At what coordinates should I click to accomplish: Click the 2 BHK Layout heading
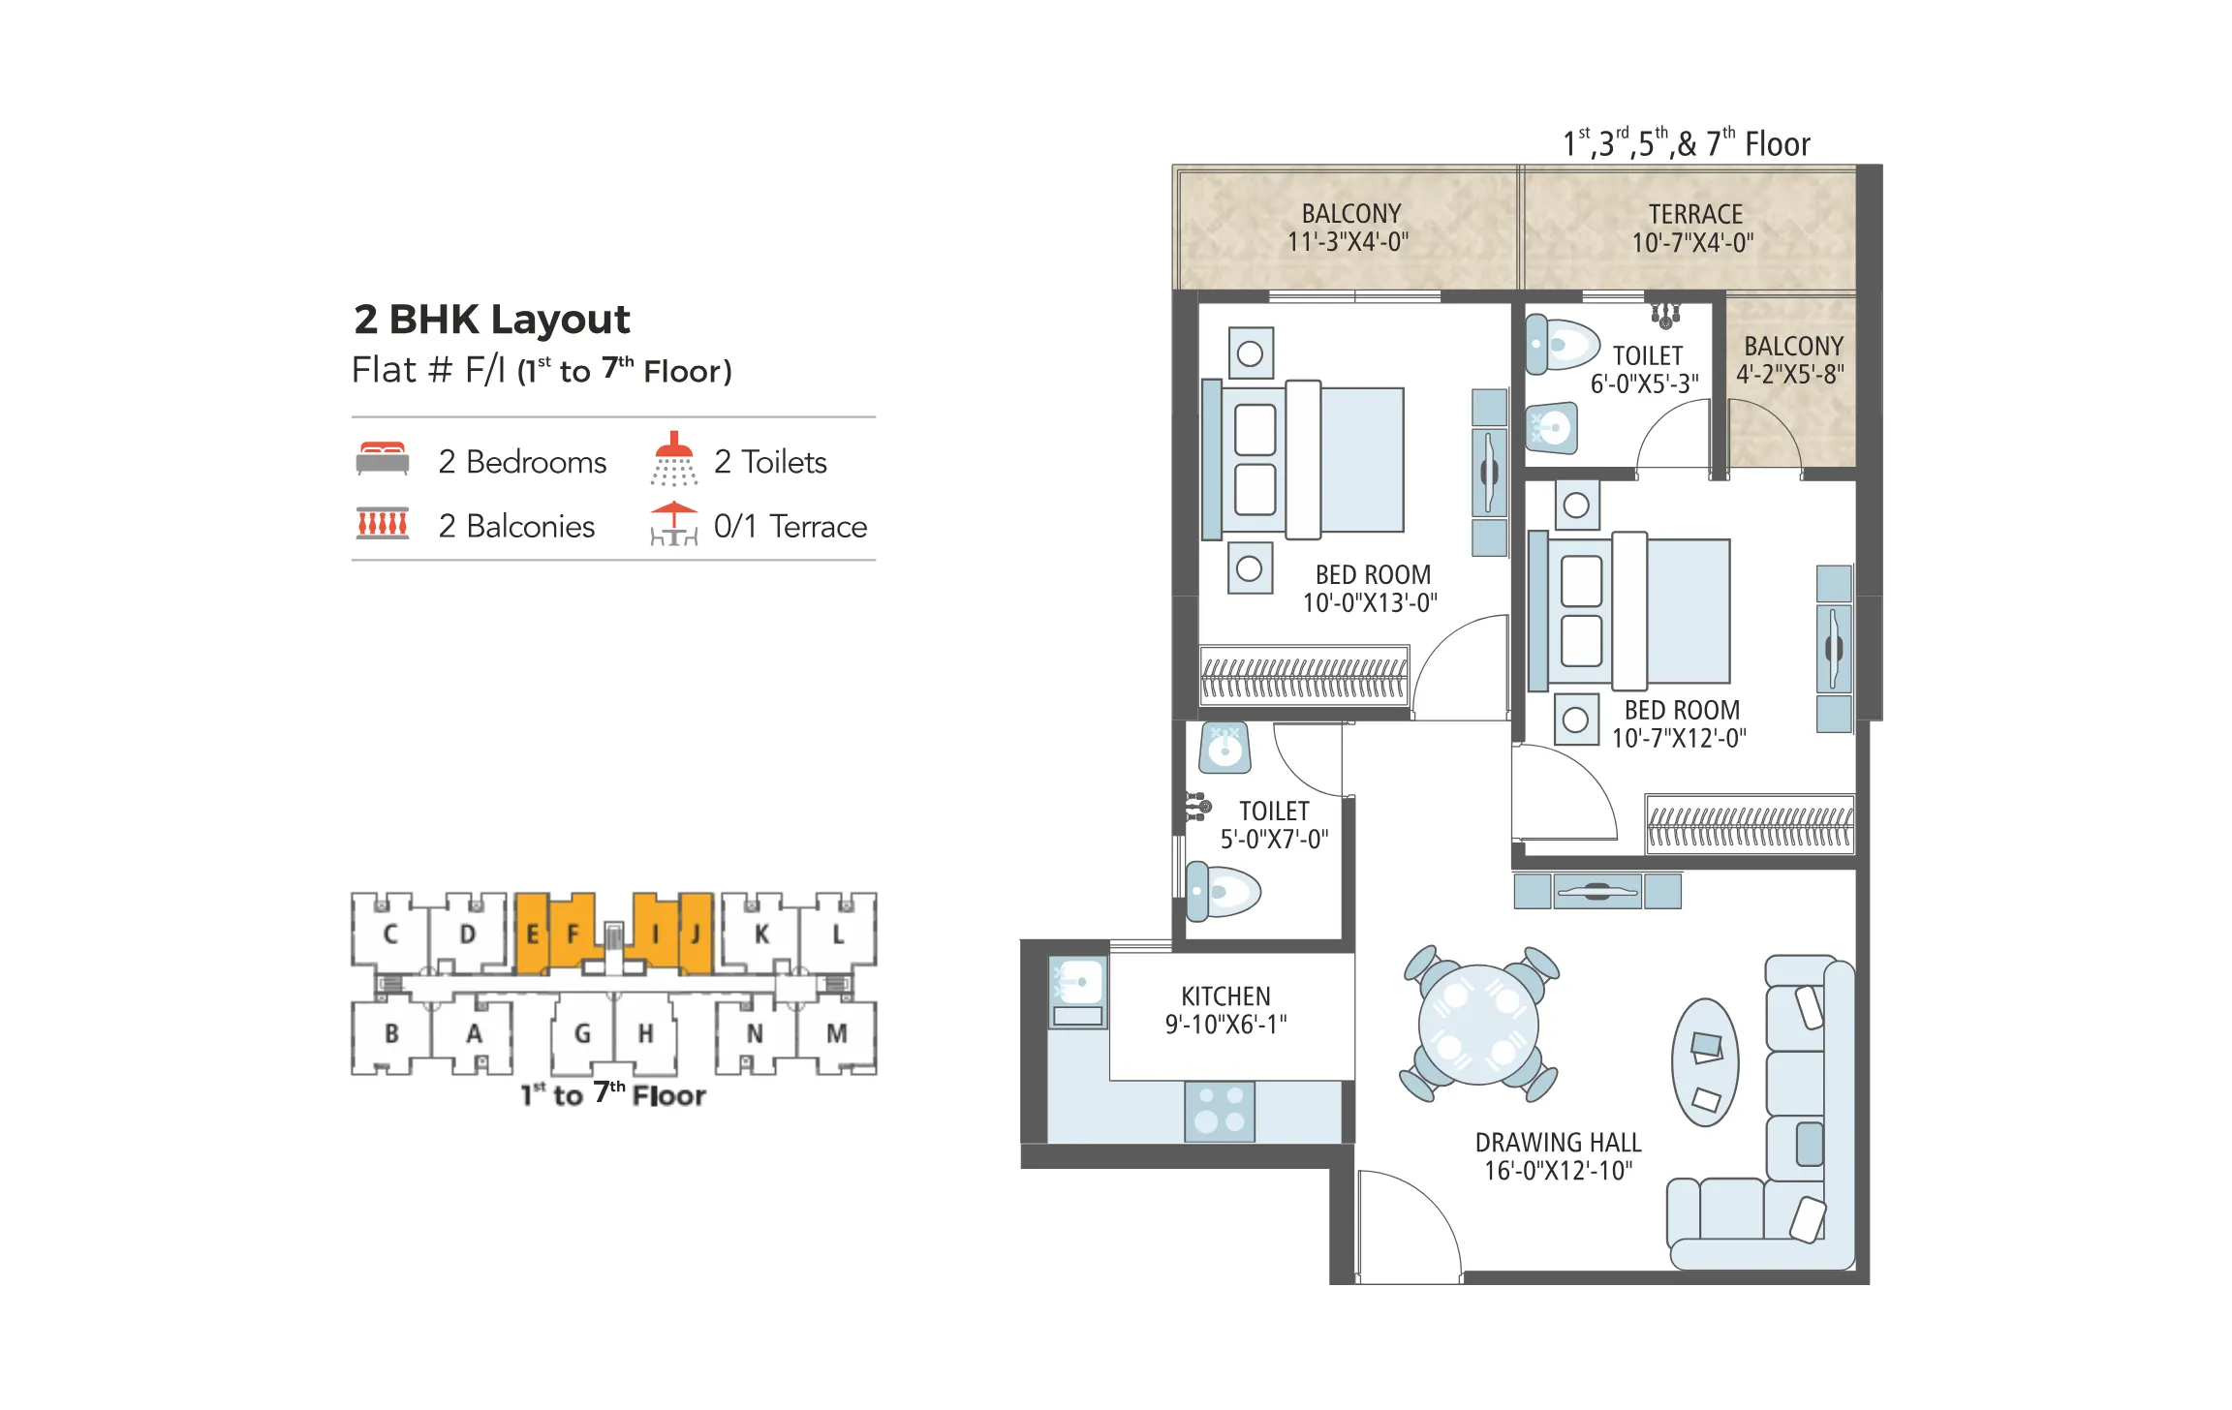point(491,320)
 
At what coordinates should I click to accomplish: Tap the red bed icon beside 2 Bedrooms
point(382,459)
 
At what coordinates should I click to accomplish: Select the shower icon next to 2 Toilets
point(674,459)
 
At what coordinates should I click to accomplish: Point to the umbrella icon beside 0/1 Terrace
point(673,524)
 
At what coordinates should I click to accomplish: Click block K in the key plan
point(761,935)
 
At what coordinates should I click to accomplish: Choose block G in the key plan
point(582,1034)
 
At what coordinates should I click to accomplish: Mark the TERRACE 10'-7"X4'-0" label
point(1694,229)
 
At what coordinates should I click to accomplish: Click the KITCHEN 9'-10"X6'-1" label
point(1225,1010)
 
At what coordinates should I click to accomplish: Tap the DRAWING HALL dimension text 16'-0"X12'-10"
point(1558,1171)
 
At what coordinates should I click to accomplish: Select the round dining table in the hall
point(1477,1025)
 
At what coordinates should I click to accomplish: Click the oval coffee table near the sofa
point(1705,1062)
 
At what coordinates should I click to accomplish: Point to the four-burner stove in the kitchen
point(1219,1111)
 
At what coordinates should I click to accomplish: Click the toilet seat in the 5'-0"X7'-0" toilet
point(1224,891)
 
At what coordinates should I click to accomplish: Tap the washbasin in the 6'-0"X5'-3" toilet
point(1551,427)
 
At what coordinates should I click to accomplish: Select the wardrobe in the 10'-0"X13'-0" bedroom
point(1304,675)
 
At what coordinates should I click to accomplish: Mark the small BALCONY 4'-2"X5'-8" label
point(1792,360)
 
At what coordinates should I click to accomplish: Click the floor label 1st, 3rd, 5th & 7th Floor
point(1686,144)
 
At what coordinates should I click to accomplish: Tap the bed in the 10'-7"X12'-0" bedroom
point(1637,611)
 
